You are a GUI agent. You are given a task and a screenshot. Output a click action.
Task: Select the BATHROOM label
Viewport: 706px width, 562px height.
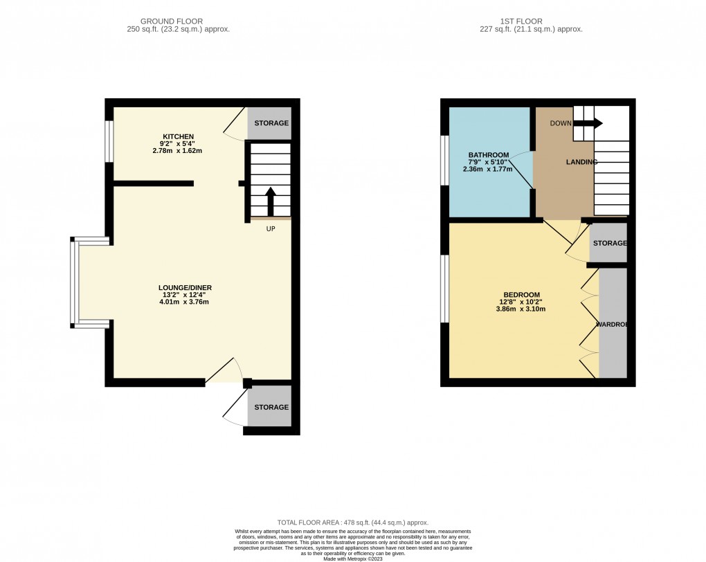point(489,154)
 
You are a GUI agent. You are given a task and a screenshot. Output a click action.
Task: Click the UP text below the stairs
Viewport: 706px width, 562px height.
point(271,229)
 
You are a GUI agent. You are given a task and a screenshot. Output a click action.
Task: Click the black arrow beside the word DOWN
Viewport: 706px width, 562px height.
point(588,123)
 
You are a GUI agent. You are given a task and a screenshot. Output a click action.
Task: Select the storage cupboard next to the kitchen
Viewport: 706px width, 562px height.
point(269,123)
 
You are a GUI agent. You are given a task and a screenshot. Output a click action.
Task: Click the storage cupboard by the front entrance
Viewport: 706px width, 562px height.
point(269,408)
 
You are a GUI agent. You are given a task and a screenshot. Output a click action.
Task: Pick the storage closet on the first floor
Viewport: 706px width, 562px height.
point(608,244)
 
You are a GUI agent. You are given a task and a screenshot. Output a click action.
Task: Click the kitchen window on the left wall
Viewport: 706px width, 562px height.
point(109,143)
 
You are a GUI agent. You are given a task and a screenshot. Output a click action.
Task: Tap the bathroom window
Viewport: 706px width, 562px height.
point(444,161)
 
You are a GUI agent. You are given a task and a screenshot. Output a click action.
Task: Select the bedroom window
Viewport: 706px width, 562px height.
point(444,289)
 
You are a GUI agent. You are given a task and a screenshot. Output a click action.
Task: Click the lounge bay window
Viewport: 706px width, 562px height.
point(73,281)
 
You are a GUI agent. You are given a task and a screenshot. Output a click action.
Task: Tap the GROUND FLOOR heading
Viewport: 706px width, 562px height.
point(178,21)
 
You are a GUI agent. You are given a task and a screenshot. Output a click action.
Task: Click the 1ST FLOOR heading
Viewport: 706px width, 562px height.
point(531,21)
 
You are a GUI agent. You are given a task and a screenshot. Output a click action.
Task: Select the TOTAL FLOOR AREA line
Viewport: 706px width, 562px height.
point(353,523)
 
